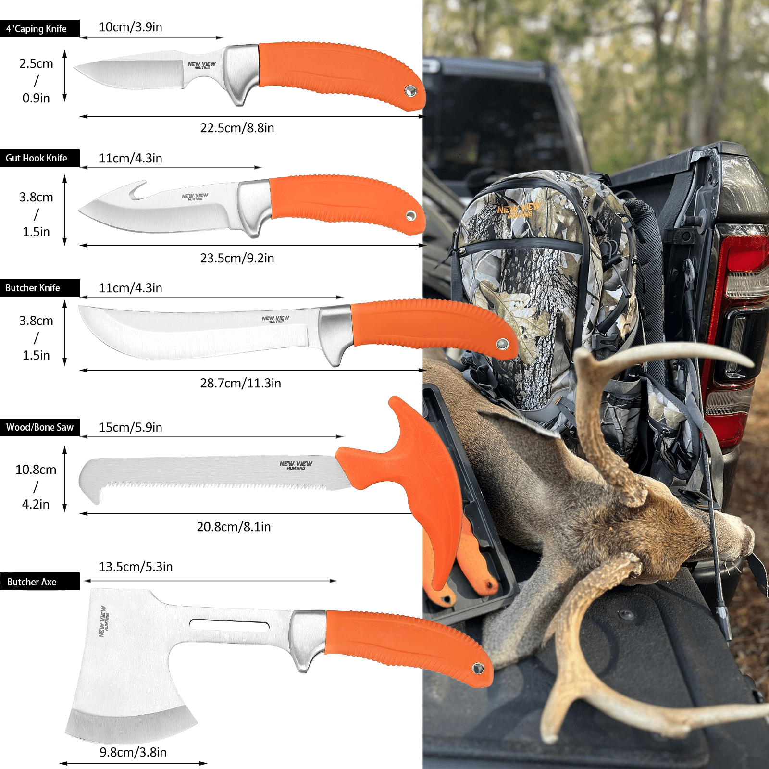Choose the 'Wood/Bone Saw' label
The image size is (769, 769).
click(x=40, y=427)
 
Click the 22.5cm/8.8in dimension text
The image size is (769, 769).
click(x=237, y=128)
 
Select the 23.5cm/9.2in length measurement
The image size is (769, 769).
click(x=237, y=258)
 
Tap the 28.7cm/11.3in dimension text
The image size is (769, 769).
click(x=240, y=383)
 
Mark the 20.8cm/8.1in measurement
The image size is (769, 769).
click(x=234, y=527)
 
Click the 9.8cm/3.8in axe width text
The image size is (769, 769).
click(x=133, y=752)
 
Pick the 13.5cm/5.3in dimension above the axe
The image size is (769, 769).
click(x=136, y=567)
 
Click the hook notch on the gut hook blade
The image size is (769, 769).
click(x=137, y=192)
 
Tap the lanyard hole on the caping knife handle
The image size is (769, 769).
click(x=410, y=90)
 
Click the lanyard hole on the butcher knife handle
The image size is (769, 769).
click(x=502, y=344)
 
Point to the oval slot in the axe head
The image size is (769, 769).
click(x=230, y=625)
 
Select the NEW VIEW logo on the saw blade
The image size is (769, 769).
click(x=296, y=465)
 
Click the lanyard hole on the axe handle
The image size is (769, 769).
click(x=478, y=668)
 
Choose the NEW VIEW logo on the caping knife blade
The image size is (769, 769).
click(x=202, y=65)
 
